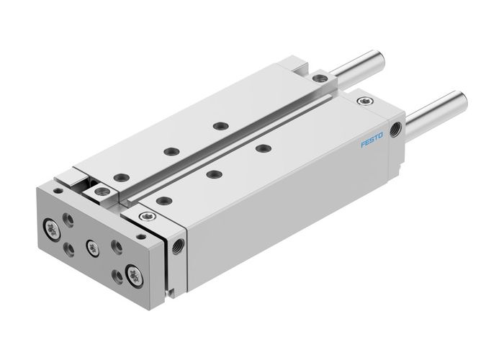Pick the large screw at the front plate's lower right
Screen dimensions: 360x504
(x=133, y=272)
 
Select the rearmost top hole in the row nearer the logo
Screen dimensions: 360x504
(x=263, y=148)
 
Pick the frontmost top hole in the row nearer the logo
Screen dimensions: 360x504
(x=163, y=200)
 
